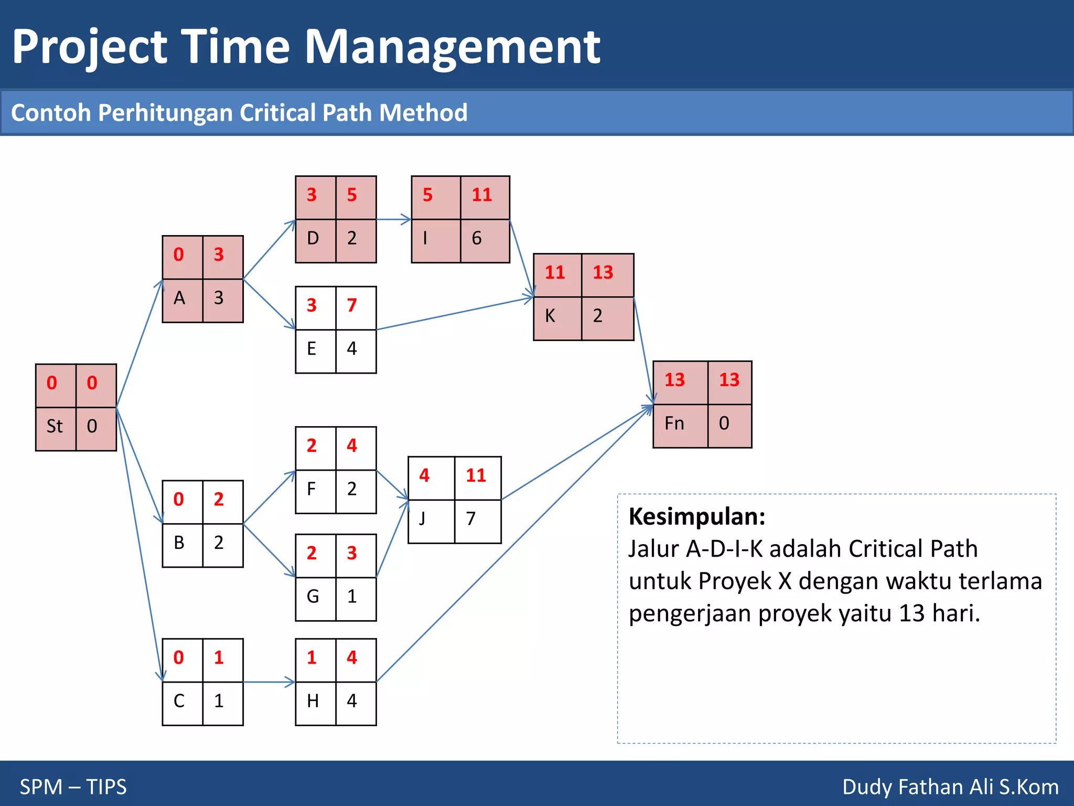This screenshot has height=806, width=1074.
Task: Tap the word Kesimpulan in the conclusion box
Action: tap(696, 516)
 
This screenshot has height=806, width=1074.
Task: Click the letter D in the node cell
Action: tap(313, 238)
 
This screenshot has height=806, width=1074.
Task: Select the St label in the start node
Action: tap(55, 426)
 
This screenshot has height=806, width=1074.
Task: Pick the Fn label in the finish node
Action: tap(674, 423)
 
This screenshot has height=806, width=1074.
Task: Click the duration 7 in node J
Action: tap(471, 519)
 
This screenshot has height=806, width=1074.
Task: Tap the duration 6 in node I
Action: tap(476, 238)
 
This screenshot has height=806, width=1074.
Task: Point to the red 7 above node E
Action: tap(352, 305)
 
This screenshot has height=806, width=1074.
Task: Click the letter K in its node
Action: tap(550, 316)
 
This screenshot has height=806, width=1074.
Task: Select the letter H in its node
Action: tap(313, 701)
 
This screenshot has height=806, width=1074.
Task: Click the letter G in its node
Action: tap(313, 597)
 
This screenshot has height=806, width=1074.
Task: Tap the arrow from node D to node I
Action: tap(393, 219)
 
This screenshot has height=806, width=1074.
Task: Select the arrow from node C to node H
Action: tap(269, 682)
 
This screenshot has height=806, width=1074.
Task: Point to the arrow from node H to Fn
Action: tap(514, 544)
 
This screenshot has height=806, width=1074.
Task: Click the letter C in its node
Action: tap(179, 701)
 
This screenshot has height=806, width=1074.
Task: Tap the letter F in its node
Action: tap(312, 489)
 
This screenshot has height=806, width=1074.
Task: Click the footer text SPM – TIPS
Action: tap(73, 787)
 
